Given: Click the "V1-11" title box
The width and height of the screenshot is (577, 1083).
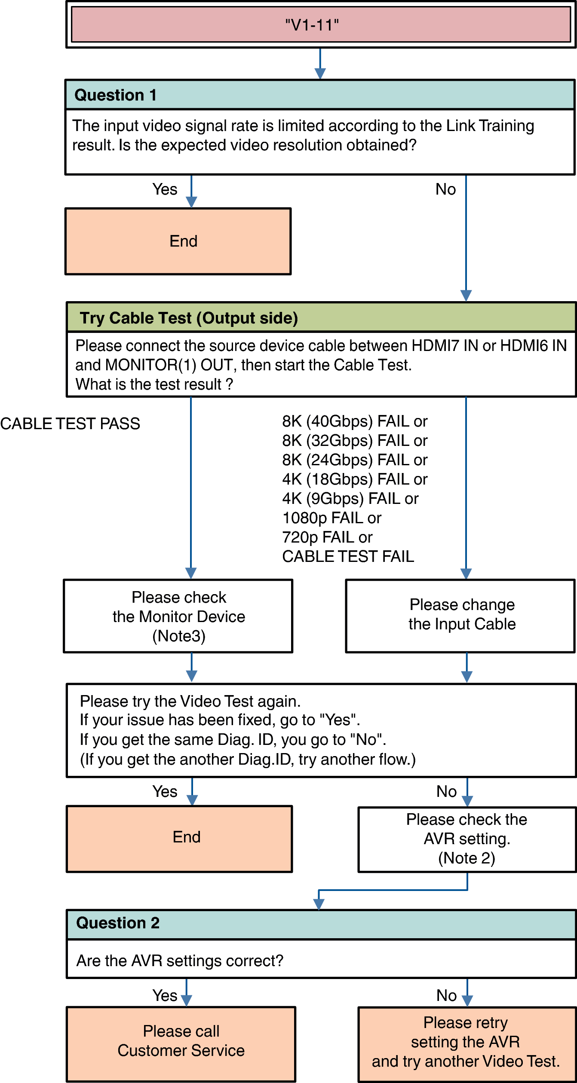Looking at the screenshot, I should pos(320,25).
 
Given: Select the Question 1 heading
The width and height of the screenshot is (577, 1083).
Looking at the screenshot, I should pos(115,95).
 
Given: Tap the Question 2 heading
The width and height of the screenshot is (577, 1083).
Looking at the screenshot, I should pos(118,923).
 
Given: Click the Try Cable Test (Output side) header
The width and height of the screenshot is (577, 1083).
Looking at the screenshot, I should pos(189,318).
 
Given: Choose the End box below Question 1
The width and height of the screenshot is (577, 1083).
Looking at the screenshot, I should pos(178,241).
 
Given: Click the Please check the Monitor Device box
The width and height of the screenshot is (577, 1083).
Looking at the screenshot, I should pos(178,616).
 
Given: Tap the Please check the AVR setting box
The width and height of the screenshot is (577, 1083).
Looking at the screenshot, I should pos(467,839).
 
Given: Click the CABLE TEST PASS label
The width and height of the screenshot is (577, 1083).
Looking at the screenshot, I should pos(70,424).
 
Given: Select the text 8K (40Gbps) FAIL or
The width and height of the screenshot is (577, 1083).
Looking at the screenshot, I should pos(355,421).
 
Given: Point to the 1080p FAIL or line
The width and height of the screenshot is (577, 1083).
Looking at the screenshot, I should pos(331,518).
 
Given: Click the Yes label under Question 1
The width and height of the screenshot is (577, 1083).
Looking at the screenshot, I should pos(165,189).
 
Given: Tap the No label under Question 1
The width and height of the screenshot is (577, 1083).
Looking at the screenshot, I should pos(445,189).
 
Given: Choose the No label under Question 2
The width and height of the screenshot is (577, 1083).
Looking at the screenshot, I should pos(447,995).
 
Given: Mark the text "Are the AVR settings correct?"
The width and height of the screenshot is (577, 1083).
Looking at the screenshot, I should pos(180,961).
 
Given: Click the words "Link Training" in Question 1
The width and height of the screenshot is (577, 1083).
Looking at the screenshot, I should pos(490,126).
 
